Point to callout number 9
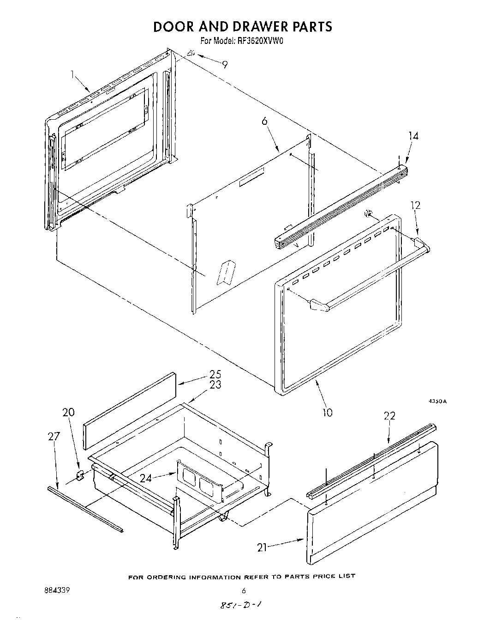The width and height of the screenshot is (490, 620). (x=224, y=65)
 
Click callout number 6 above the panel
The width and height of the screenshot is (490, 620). (x=264, y=121)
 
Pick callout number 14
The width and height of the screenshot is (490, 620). (x=414, y=136)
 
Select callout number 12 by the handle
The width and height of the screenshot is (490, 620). (x=416, y=206)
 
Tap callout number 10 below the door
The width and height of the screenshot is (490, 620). (x=327, y=412)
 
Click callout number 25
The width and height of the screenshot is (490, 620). (x=215, y=374)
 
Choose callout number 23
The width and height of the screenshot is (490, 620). (x=215, y=384)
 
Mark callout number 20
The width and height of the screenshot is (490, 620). (x=68, y=413)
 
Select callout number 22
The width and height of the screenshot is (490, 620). (x=389, y=416)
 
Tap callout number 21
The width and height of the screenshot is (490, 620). (x=262, y=547)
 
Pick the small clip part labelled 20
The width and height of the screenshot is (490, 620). (x=79, y=475)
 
